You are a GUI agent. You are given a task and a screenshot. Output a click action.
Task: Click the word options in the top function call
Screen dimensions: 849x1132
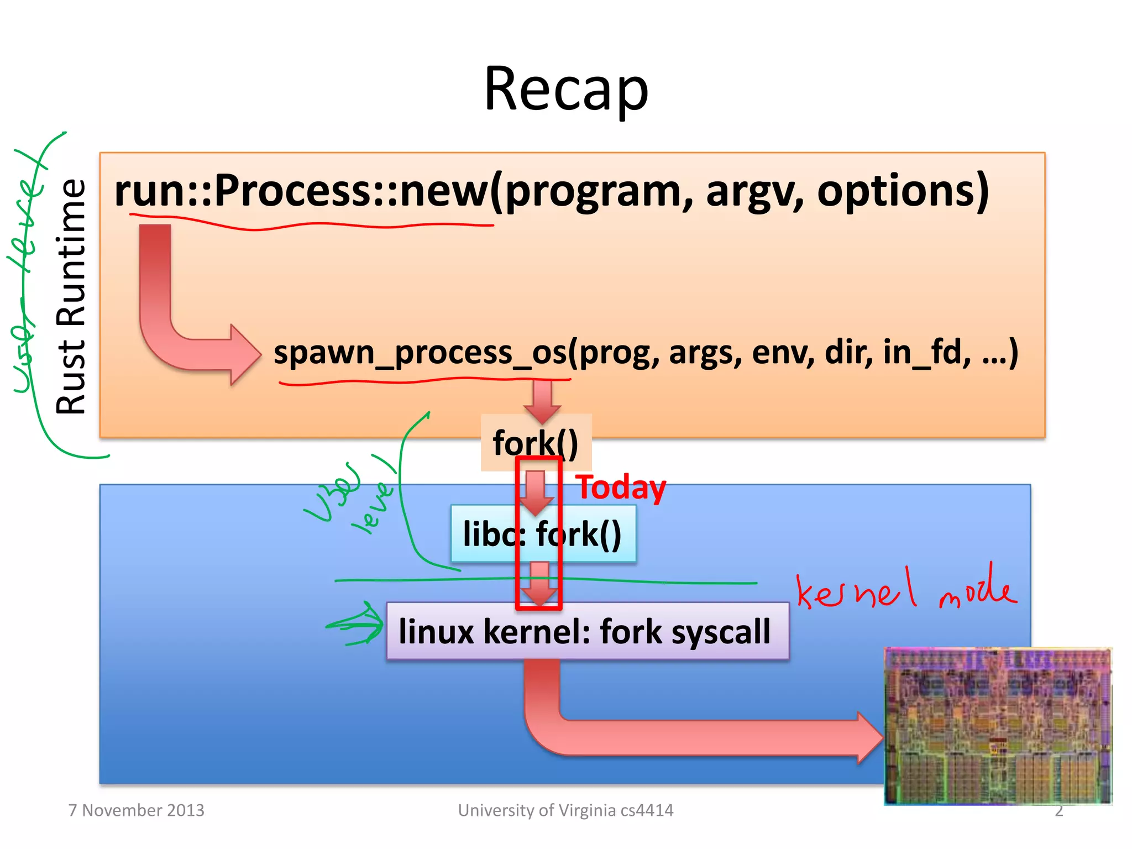903,191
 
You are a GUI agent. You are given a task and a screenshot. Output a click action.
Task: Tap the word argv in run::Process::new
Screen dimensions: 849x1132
754,191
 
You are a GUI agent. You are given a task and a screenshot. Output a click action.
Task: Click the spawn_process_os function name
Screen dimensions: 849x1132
420,353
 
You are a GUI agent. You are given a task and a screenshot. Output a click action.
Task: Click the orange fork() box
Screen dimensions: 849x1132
535,442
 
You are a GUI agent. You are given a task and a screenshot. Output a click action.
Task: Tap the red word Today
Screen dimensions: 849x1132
621,488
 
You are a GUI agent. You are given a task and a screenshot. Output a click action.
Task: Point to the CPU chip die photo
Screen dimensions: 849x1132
998,726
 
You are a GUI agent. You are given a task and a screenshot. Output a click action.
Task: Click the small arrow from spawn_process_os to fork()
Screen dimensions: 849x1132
542,401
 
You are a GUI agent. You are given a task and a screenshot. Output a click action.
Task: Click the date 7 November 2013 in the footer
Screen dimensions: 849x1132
136,810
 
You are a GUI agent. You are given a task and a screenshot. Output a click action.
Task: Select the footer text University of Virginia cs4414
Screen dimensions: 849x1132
565,810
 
